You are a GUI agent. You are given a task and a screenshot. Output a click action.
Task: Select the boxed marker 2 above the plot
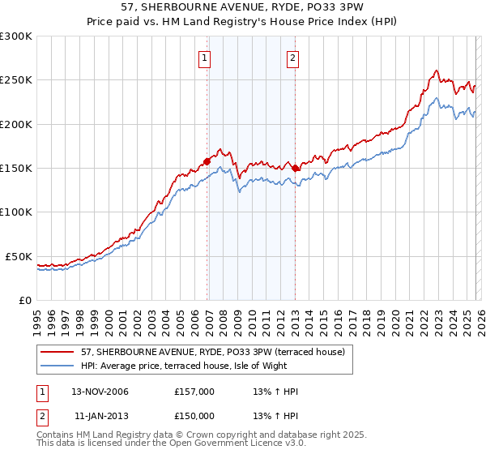click(x=292, y=58)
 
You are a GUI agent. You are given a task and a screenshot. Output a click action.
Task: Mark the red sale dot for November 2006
click(x=207, y=161)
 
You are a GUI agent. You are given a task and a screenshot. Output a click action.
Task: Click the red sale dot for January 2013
click(x=296, y=168)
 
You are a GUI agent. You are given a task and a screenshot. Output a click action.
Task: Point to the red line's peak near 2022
click(x=437, y=71)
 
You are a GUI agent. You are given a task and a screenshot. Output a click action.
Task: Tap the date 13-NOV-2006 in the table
click(x=100, y=392)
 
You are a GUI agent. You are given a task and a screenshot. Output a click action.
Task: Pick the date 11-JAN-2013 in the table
click(x=100, y=416)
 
